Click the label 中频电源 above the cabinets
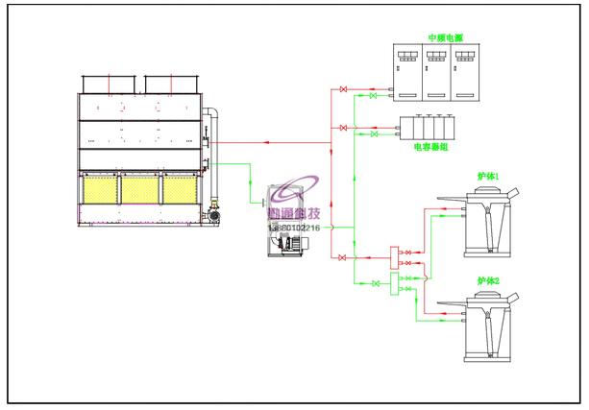[x=446, y=37]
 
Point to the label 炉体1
[x=488, y=178]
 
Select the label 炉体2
[x=488, y=281]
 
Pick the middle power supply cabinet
[x=438, y=72]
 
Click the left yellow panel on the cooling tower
[x=99, y=189]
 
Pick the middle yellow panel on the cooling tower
[x=140, y=189]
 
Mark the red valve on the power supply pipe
[x=344, y=90]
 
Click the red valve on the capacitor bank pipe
[x=344, y=127]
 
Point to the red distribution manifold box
[x=393, y=258]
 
